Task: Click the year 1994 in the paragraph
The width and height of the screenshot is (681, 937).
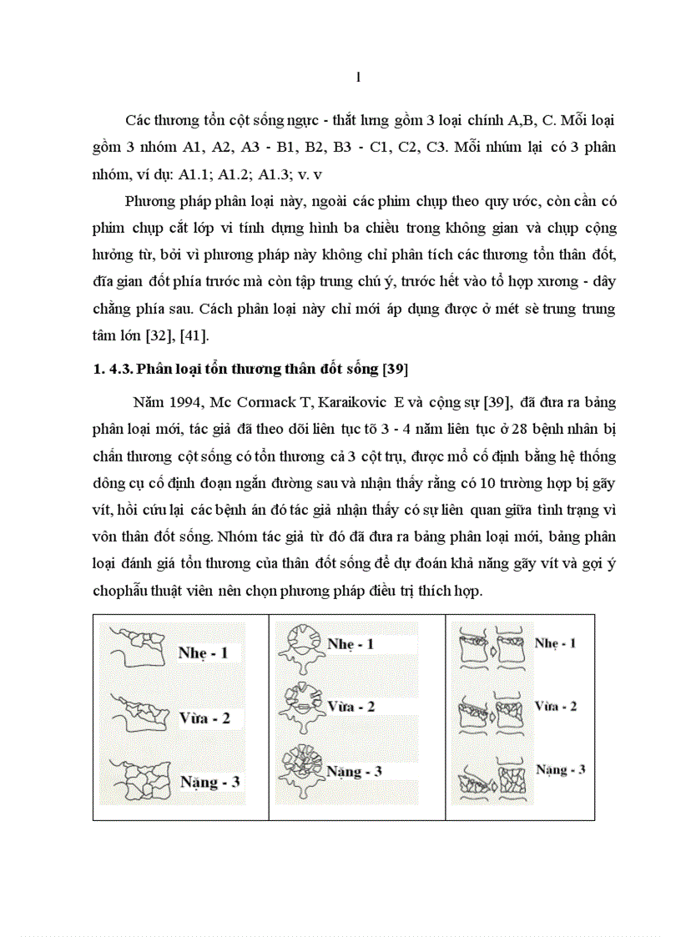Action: pos(181,403)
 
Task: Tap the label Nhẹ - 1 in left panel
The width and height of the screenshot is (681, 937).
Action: pos(203,652)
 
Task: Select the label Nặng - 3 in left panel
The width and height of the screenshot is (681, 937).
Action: pos(210,782)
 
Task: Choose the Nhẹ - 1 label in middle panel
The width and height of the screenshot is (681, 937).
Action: pos(351,644)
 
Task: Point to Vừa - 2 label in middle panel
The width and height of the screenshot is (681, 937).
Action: pos(351,707)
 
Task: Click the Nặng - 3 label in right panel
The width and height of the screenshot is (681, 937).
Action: pos(560,769)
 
